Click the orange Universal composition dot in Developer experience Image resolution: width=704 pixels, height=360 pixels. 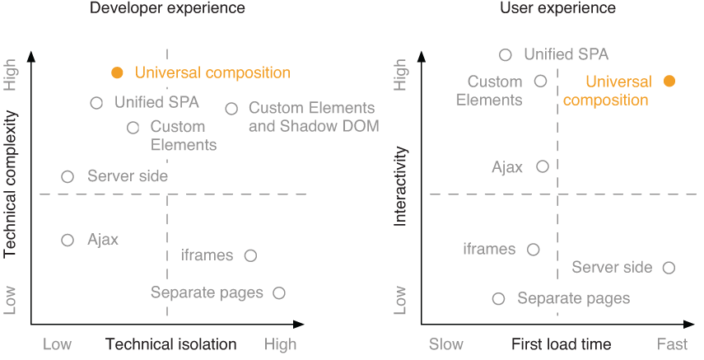tap(117, 72)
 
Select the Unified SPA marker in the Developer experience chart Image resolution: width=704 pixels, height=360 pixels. tap(96, 103)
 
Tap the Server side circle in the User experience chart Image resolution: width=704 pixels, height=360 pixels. tap(669, 268)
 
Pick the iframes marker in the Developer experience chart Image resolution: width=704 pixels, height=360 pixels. tap(251, 255)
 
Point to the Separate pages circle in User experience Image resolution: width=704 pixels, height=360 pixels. tap(498, 299)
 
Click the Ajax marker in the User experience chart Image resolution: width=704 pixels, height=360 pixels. tap(542, 166)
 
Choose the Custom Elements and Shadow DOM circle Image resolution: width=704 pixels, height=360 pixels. tap(231, 109)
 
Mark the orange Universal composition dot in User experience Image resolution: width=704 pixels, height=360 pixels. tap(669, 81)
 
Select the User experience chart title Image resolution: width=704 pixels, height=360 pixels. tap(557, 8)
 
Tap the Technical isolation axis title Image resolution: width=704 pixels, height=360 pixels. tap(170, 344)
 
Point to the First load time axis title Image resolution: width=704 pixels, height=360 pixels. tap(561, 344)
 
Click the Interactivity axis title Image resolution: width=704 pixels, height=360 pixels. tap(401, 186)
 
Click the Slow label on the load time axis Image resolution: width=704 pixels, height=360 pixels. tap(445, 344)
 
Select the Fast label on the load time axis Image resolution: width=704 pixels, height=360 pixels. tap(673, 344)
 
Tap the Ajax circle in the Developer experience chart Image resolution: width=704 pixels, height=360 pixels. tap(68, 240)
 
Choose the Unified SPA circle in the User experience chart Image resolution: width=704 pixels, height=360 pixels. tap(506, 55)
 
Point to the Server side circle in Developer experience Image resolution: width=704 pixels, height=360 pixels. tap(68, 176)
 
